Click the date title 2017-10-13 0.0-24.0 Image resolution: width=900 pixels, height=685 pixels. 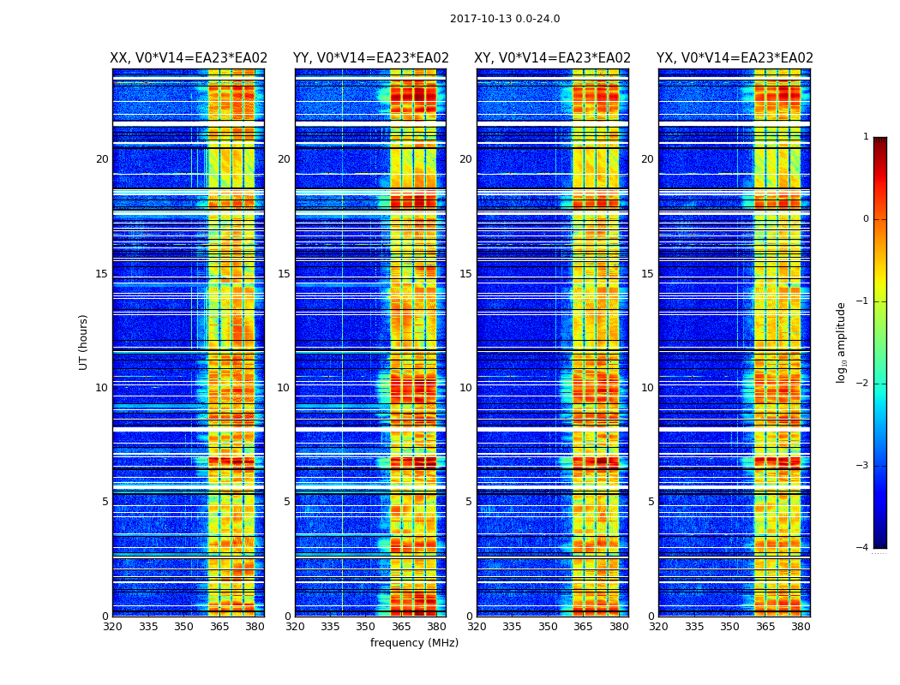coord(505,19)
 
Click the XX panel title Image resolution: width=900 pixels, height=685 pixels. coord(189,58)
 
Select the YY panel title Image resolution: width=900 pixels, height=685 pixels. coord(371,58)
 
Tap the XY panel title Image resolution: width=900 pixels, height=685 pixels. coord(553,58)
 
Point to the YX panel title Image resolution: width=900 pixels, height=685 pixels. coord(735,58)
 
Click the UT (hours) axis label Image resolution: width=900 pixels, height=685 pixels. coord(84,342)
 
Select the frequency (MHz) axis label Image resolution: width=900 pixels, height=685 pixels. coord(414,643)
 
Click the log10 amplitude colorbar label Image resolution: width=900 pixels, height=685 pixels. coord(842,342)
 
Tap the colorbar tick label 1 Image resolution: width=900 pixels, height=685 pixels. coord(866,137)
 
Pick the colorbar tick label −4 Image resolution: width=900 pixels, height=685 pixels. coord(863,548)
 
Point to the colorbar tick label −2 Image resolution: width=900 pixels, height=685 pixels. coord(863,384)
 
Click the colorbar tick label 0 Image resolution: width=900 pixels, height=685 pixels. coord(866,219)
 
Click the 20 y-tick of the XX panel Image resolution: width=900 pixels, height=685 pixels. coord(102,159)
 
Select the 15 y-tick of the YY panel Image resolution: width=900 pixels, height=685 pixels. coord(284,274)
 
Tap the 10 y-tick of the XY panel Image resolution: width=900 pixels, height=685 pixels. coord(465,388)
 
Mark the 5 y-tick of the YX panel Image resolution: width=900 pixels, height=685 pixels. coord(651,502)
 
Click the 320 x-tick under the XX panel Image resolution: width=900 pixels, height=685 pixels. coord(112,627)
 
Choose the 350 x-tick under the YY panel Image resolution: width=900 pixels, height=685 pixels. coord(366,627)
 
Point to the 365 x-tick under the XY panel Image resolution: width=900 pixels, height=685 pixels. coord(583,627)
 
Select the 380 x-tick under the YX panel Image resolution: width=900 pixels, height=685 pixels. coord(801,627)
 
